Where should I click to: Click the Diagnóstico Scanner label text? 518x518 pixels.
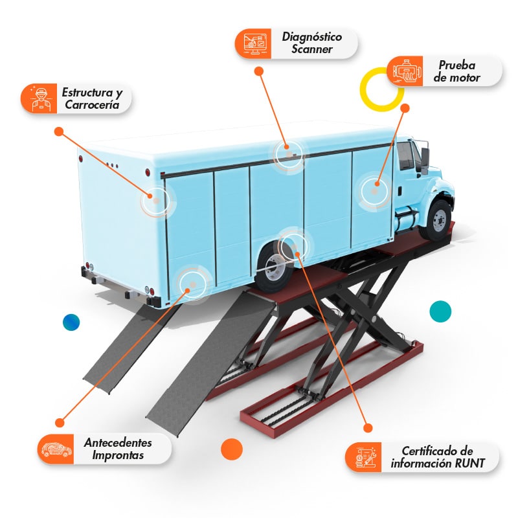(x=312, y=43)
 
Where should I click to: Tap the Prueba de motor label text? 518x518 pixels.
(x=457, y=71)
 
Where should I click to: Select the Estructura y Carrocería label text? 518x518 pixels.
(x=92, y=98)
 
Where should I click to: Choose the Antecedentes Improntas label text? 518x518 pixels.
(x=118, y=449)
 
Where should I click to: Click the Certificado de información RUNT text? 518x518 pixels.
(x=438, y=457)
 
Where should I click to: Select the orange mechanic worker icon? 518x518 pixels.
(x=41, y=99)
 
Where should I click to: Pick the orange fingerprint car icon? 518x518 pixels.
(x=57, y=449)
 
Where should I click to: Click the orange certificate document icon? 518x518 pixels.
(x=365, y=457)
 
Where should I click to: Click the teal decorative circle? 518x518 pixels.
(x=440, y=311)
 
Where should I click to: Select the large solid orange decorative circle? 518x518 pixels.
(x=232, y=449)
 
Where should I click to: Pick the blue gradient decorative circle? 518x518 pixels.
(x=71, y=322)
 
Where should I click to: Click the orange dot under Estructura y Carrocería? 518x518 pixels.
(x=59, y=131)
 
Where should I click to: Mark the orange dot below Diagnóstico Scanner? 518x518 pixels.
(x=259, y=71)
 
